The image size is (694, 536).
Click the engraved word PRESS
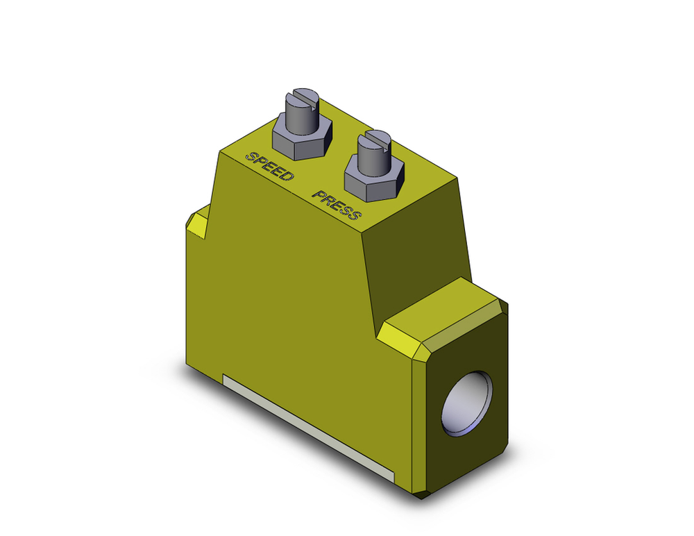point(337,204)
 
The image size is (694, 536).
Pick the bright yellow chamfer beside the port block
point(402,340)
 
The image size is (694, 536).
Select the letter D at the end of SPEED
point(287,175)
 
